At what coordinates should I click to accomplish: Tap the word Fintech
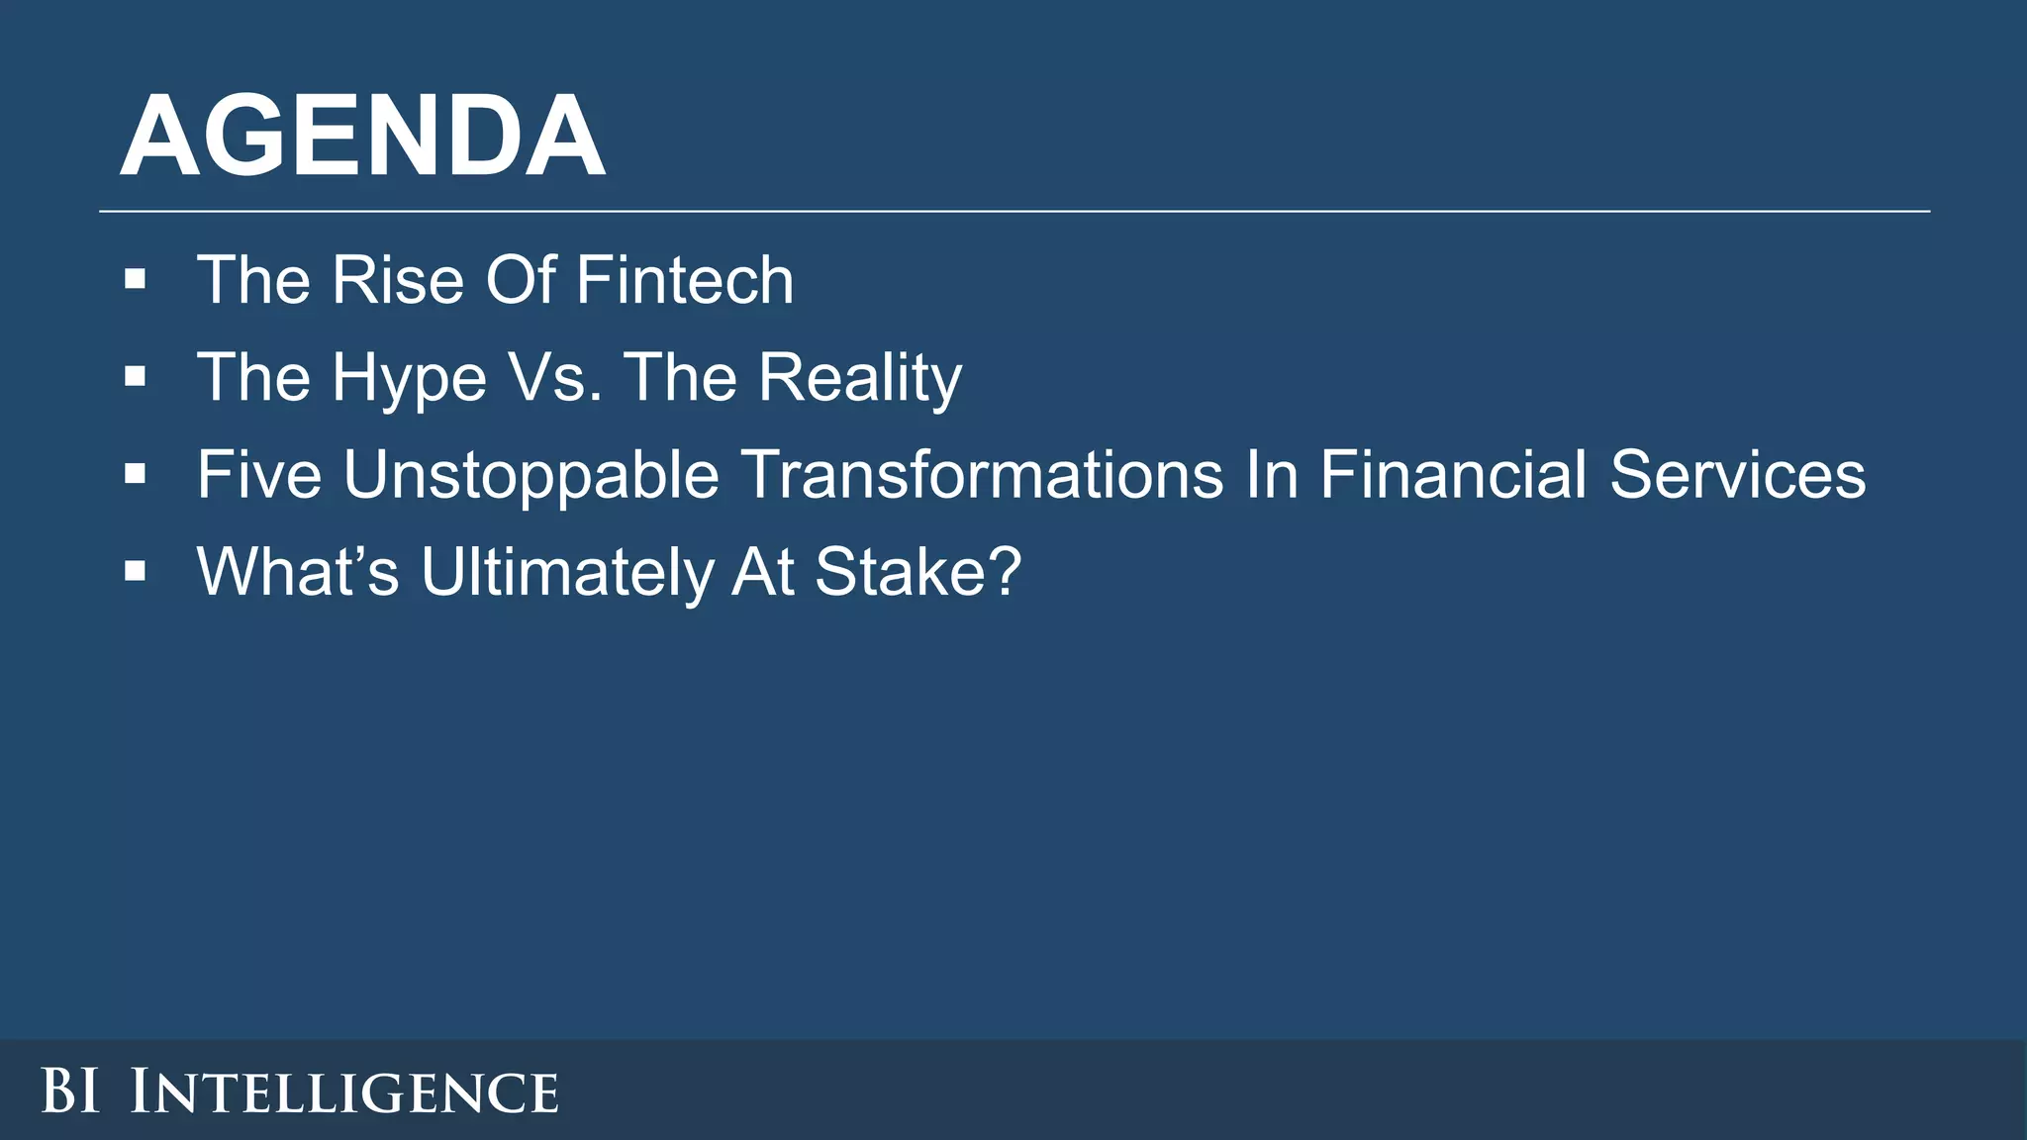(x=685, y=280)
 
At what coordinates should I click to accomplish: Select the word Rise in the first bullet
(x=398, y=280)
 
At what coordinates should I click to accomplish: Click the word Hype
(x=410, y=379)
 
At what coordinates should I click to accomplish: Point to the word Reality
(x=860, y=379)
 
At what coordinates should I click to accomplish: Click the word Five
(x=259, y=475)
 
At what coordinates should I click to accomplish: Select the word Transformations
(x=983, y=475)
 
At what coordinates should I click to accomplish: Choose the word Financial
(x=1453, y=475)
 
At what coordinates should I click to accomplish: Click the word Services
(x=1737, y=475)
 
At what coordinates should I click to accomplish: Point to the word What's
(x=298, y=572)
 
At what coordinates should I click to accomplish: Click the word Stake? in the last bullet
(x=917, y=572)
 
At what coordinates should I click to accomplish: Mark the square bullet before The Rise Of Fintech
(x=136, y=280)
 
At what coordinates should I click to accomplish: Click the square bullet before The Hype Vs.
(x=136, y=377)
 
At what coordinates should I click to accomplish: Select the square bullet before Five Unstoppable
(x=136, y=474)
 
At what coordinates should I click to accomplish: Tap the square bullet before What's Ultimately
(x=136, y=571)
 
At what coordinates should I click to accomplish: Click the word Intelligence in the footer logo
(x=344, y=1092)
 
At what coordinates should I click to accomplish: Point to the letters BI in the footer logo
(x=70, y=1092)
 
